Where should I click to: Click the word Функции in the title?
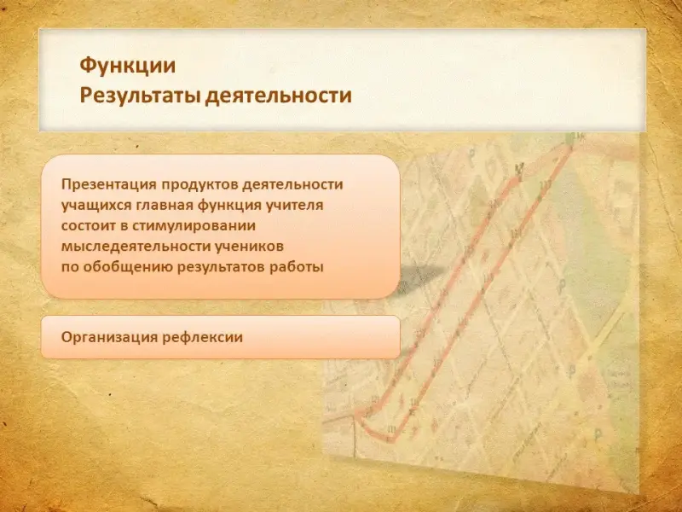127,66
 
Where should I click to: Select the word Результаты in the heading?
140,96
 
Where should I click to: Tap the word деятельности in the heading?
279,96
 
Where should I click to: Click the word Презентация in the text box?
109,184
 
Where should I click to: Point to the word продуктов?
199,185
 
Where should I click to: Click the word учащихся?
96,206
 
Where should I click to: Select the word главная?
165,205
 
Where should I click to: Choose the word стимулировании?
194,226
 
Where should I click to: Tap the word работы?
297,267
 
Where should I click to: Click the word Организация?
109,337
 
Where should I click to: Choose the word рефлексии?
202,337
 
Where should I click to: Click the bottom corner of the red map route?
391,439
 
